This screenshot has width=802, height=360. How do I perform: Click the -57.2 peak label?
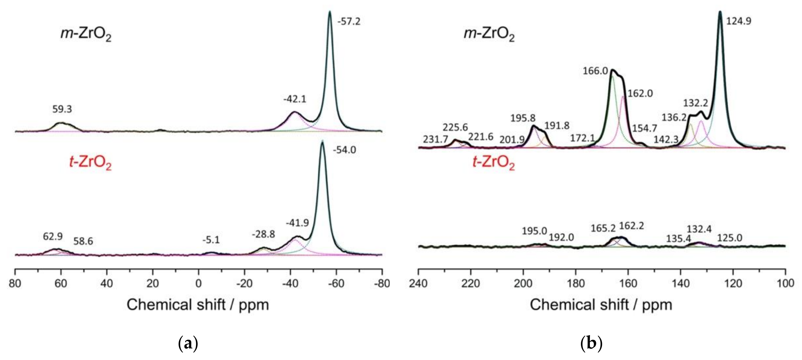click(x=349, y=22)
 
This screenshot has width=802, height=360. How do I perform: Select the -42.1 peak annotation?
click(x=295, y=99)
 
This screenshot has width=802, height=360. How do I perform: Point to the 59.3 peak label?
click(x=62, y=109)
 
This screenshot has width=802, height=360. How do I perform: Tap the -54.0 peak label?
click(x=344, y=150)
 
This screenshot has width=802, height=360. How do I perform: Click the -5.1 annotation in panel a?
click(x=211, y=240)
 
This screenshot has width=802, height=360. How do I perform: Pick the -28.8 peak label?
click(x=263, y=234)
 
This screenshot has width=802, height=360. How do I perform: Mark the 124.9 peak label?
click(x=739, y=21)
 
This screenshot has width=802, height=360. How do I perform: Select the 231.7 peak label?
click(x=435, y=139)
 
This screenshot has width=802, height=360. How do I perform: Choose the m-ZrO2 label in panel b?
click(x=489, y=34)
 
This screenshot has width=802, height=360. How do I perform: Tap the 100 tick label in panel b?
click(x=785, y=284)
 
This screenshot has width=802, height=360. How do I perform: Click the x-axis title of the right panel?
click(x=601, y=305)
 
